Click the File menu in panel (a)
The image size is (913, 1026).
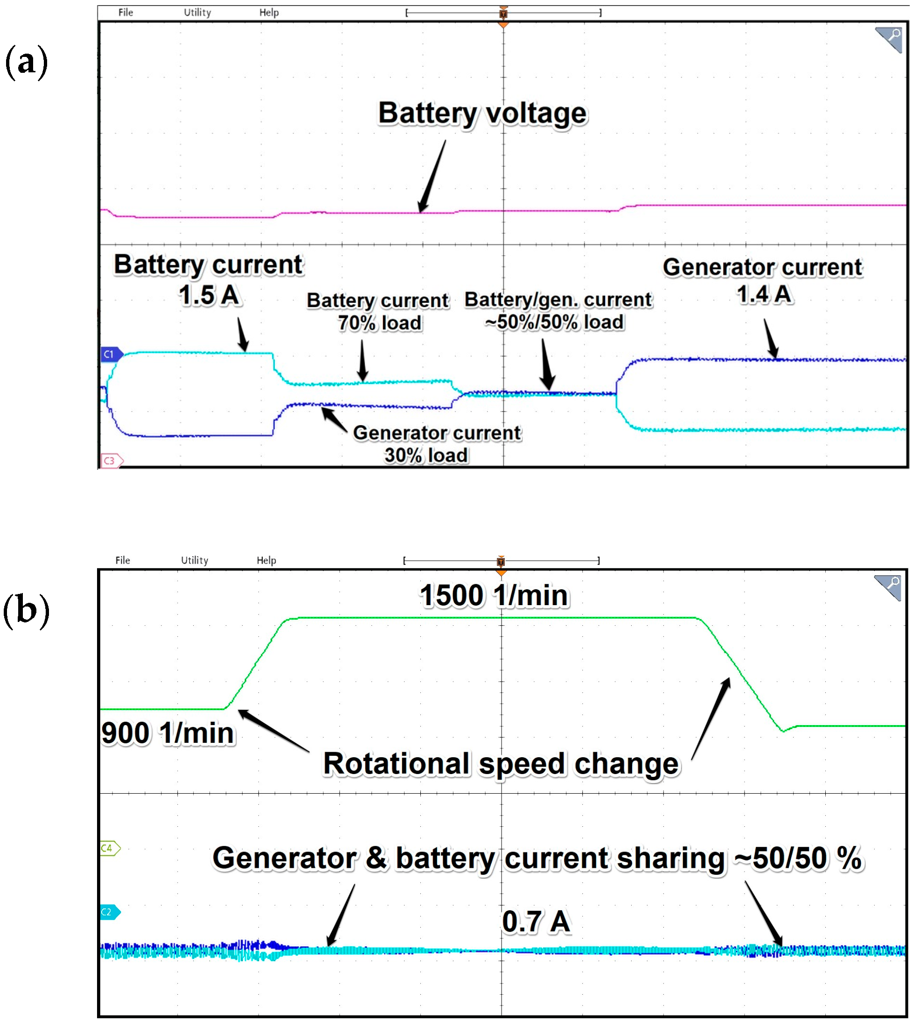pos(125,13)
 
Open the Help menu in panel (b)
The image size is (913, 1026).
pos(266,561)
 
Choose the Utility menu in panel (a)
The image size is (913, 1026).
pos(197,13)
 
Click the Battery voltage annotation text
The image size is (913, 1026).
pos(482,113)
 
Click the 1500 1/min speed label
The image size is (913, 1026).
pos(495,596)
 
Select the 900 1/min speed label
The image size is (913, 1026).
pos(167,733)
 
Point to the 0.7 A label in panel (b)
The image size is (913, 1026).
pos(536,922)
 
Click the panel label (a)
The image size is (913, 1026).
pos(26,61)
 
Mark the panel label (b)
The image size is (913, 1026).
pos(26,610)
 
